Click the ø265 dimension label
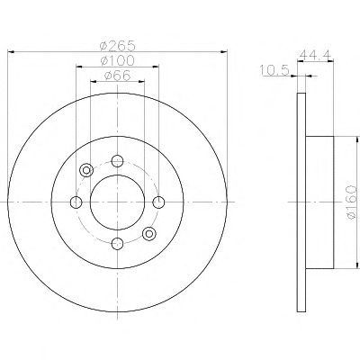point(117,46)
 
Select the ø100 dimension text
point(117,61)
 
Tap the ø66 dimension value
point(117,76)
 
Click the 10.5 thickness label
point(274,71)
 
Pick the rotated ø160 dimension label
point(352,202)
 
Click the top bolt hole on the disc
point(117,161)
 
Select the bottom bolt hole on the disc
point(117,243)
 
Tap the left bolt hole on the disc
point(76,202)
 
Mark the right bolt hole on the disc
point(158,202)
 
